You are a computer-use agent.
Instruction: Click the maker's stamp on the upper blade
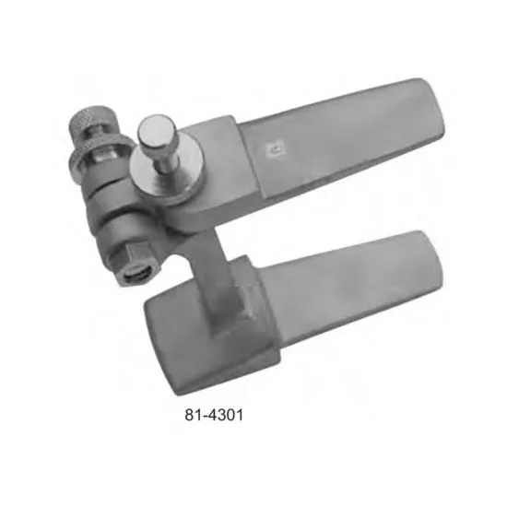point(275,149)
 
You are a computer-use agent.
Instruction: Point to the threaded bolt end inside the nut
point(137,275)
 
